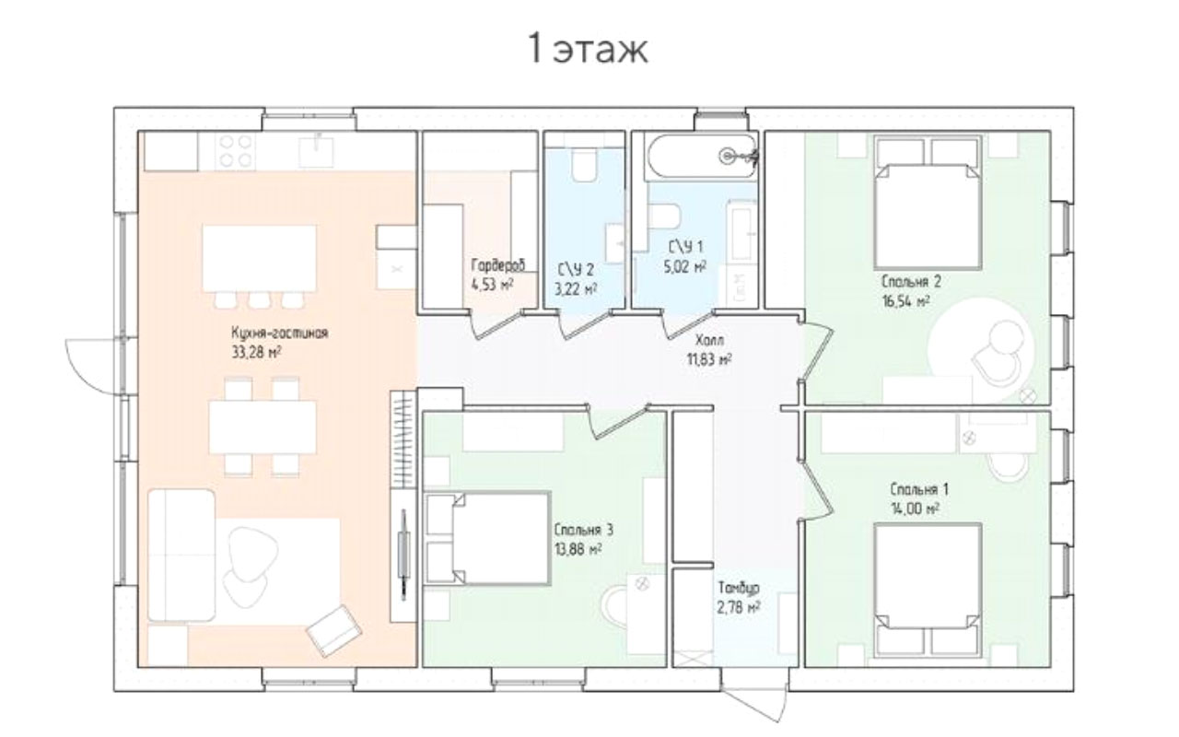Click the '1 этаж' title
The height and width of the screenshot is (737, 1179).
point(588,50)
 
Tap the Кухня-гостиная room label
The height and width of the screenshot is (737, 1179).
point(279,333)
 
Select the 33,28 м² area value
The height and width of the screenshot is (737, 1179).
point(256,352)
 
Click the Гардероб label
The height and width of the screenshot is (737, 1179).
point(498,264)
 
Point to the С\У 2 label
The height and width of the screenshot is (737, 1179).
point(576,270)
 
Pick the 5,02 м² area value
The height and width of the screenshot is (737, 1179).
point(684,266)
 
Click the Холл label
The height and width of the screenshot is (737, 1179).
point(709,339)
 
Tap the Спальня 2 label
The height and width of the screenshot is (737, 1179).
point(911,282)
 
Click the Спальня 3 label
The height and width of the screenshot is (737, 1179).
point(583,530)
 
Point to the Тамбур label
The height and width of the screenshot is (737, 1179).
point(739,588)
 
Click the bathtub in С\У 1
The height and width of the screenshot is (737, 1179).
point(703,156)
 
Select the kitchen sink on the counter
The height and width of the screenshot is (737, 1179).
point(316,150)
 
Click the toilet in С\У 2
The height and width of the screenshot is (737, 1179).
point(584,165)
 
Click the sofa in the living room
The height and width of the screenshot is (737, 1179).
point(181,556)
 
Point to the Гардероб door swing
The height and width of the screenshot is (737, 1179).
point(494,325)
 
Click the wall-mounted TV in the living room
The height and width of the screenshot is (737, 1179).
point(403,555)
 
